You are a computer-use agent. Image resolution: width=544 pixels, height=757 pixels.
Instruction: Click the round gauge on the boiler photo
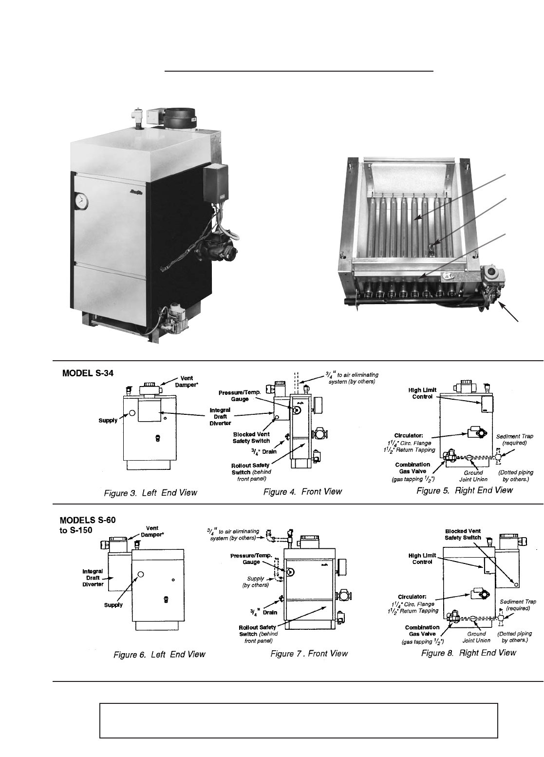pos(80,200)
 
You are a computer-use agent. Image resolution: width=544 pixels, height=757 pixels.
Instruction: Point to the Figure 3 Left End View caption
pos(150,492)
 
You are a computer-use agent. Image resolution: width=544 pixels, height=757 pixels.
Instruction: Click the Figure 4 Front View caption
pos(302,492)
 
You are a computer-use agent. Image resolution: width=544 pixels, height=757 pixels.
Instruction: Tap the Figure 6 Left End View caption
pos(159,655)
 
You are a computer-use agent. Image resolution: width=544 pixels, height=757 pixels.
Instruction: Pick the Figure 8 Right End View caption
pos(469,653)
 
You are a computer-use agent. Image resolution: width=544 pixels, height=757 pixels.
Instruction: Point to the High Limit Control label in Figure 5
pos(422,393)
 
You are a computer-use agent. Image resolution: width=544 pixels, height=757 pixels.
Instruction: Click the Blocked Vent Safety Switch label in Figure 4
pos(251,437)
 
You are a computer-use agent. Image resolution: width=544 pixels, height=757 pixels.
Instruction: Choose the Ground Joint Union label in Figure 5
pos(473,476)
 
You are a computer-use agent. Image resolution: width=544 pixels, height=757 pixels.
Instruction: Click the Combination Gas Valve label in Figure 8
pos(422,631)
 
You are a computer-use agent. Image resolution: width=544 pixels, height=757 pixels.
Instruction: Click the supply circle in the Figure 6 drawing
pos(141,574)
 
